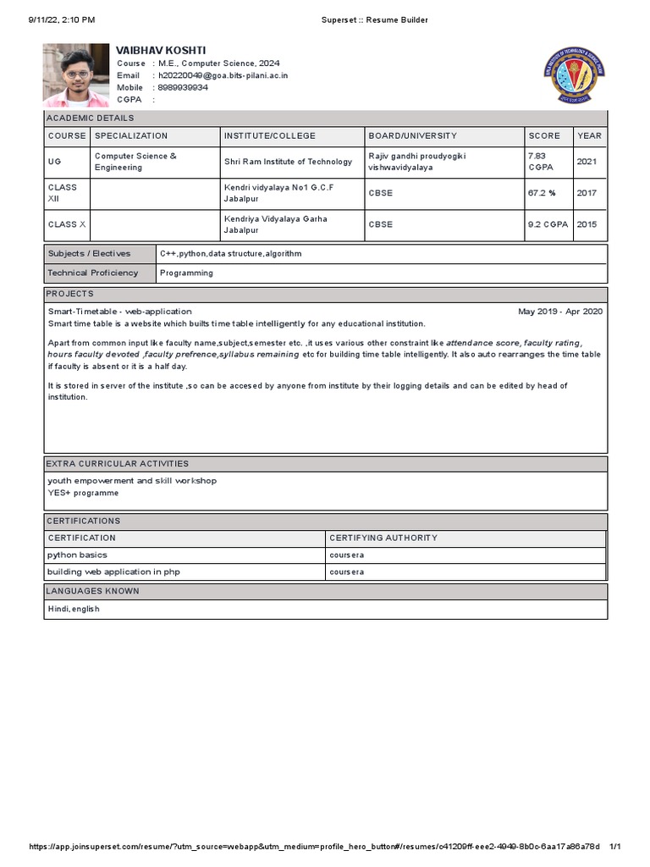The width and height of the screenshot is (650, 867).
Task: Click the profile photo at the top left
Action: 76,75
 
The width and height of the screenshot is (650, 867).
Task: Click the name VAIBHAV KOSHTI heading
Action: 161,51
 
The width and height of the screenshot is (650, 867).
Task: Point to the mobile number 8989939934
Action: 183,87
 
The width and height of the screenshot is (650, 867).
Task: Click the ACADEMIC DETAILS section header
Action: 91,119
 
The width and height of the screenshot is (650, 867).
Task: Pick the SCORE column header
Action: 544,135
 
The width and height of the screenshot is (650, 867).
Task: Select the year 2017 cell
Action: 587,193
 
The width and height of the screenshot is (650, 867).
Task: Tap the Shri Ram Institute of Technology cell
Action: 288,162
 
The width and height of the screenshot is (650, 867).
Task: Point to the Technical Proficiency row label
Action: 93,273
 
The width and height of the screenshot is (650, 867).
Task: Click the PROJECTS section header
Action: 70,294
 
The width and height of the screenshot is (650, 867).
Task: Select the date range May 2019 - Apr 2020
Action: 560,312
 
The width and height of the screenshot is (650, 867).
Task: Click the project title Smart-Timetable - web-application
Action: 120,312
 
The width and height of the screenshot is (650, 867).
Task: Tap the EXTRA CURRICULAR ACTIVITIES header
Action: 118,464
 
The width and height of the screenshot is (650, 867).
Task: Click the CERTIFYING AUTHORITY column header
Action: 383,538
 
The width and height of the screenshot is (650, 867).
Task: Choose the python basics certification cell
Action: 78,555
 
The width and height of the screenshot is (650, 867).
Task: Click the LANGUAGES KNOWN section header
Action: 93,591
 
